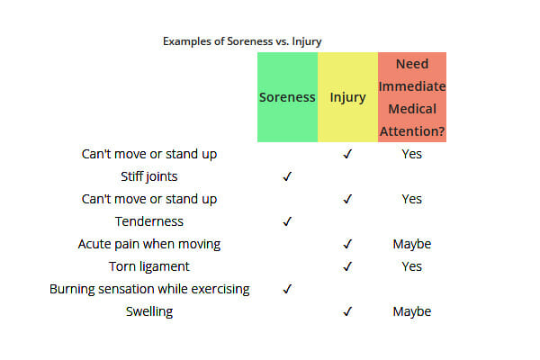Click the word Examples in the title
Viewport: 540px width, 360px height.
pos(187,41)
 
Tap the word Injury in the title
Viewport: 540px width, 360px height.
pos(307,41)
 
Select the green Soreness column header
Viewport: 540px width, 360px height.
pos(287,97)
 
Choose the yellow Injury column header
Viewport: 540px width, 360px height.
pos(347,97)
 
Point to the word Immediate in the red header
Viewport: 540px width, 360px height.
pos(412,86)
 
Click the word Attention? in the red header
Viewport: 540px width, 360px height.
pos(412,131)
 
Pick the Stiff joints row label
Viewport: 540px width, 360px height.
pos(149,176)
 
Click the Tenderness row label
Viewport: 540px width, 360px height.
pos(149,221)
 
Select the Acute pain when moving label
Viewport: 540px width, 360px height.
pos(149,244)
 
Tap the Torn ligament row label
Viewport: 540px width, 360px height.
pos(149,266)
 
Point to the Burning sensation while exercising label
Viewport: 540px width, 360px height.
pos(149,289)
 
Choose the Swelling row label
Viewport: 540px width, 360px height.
pos(149,311)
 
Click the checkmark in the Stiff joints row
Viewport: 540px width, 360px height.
pos(287,176)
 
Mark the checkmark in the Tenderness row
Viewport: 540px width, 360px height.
pos(287,221)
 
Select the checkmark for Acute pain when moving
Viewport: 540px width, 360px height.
pos(347,244)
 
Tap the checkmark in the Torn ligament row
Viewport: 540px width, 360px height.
pos(347,266)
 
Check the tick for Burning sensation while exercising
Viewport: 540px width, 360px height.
pos(287,289)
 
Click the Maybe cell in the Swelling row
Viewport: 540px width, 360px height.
pos(412,311)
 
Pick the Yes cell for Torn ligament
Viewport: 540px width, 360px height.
pos(412,266)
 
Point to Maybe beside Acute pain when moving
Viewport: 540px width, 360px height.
pos(412,244)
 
